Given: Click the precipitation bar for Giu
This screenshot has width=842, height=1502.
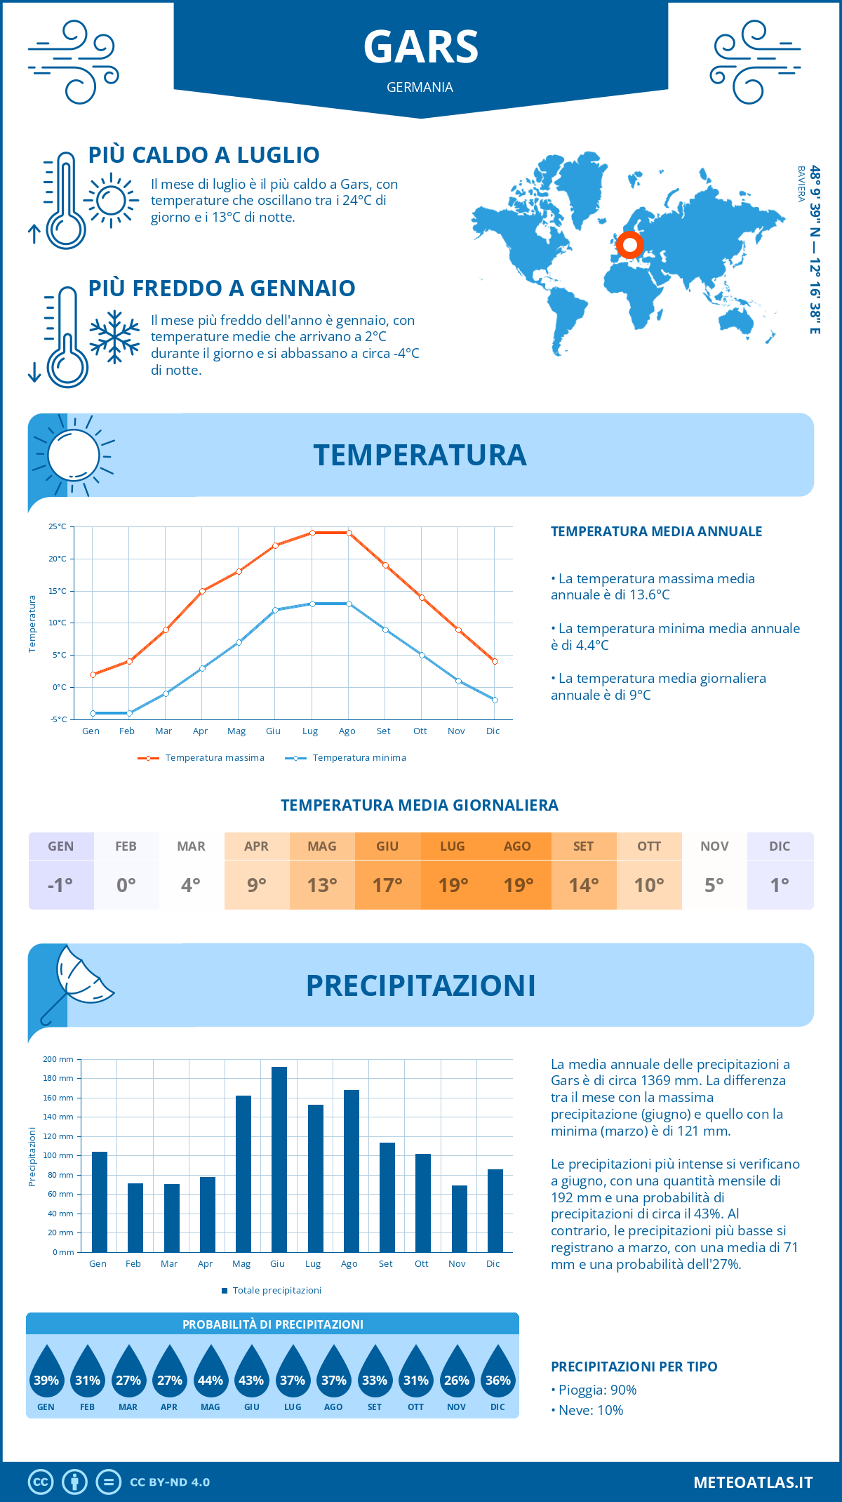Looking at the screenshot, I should pyautogui.click(x=279, y=1159).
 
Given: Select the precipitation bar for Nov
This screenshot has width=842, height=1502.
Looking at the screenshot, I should pyautogui.click(x=459, y=1218).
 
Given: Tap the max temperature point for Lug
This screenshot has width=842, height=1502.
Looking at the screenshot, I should pyautogui.click(x=312, y=533).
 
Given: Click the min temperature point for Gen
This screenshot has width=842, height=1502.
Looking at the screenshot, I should pyautogui.click(x=93, y=713).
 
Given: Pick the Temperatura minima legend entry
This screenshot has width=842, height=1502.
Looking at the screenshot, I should pyautogui.click(x=346, y=758).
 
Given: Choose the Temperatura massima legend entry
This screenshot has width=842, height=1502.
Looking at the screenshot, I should pyautogui.click(x=201, y=758).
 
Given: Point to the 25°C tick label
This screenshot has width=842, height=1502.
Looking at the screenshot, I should pyautogui.click(x=58, y=526).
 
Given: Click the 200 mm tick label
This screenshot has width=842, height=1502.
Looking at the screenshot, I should pyautogui.click(x=58, y=1059).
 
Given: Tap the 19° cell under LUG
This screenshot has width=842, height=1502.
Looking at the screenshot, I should pyautogui.click(x=453, y=885).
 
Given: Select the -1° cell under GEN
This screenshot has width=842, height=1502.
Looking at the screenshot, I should pyautogui.click(x=60, y=885).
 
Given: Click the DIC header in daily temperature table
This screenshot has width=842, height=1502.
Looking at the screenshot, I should pyautogui.click(x=780, y=846).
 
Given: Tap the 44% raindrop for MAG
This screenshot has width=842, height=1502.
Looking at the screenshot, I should pyautogui.click(x=210, y=1373).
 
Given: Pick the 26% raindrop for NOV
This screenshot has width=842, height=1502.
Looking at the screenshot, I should pyautogui.click(x=457, y=1373).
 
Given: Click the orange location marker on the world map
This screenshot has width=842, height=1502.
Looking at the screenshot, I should pyautogui.click(x=629, y=245).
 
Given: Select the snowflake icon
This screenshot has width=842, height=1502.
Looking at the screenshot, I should pyautogui.click(x=114, y=337).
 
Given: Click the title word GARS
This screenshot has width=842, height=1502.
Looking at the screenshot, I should pyautogui.click(x=420, y=47).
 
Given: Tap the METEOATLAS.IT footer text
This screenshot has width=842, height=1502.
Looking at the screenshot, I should pyautogui.click(x=752, y=1482).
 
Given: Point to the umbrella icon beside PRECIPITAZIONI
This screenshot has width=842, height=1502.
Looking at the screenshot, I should pyautogui.click(x=77, y=982).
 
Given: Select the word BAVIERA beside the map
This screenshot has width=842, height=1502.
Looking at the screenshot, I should pyautogui.click(x=801, y=184).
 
